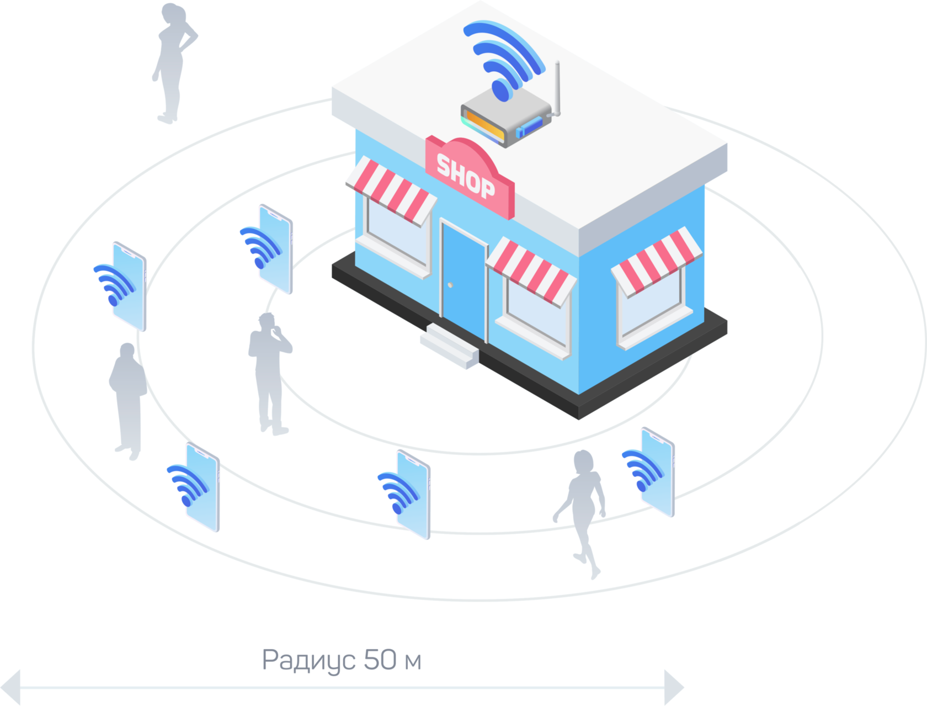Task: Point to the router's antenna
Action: (x=557, y=88)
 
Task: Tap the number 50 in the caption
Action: (x=380, y=659)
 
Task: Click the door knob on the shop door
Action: (x=450, y=285)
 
